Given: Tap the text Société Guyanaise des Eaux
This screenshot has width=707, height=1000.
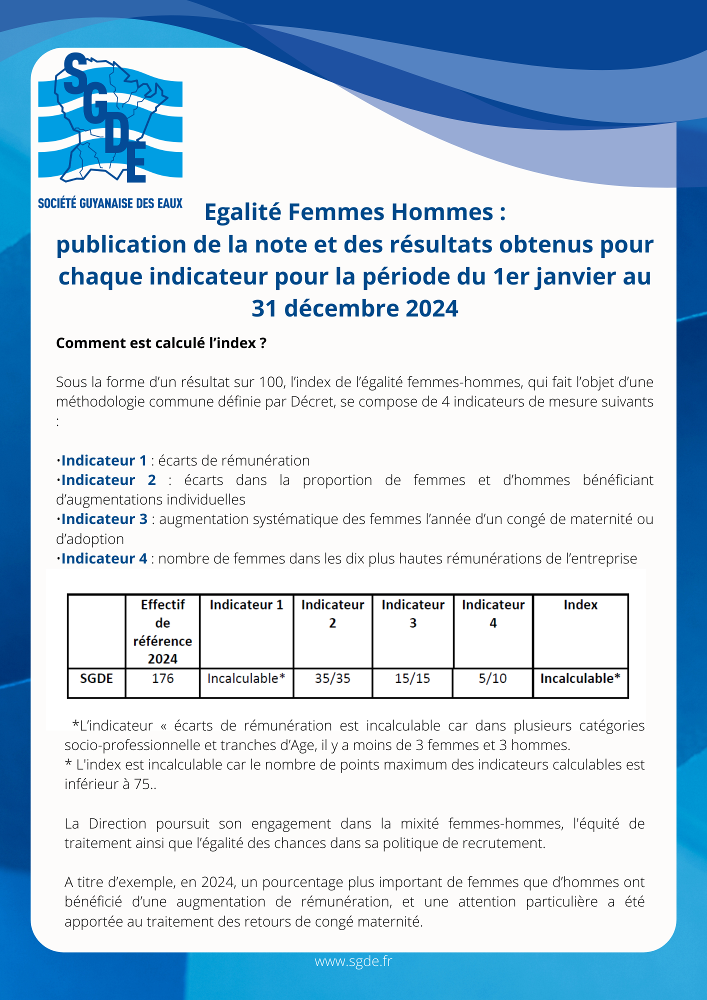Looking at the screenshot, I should coord(110,203).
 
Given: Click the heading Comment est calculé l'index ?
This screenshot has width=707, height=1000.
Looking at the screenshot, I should coord(161,343).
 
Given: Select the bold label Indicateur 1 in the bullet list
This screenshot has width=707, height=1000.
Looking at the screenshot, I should coord(104,460).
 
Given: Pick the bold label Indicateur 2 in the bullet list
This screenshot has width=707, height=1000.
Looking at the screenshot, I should coord(108,480).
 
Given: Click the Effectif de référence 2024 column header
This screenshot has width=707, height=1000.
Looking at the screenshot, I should coord(162,631).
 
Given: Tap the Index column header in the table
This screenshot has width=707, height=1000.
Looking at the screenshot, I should coord(580,605).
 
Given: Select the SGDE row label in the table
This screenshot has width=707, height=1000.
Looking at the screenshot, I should coord(96,678).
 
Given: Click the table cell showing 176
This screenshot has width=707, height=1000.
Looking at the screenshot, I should coord(162,678).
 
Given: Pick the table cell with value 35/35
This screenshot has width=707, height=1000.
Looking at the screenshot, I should coord(332,678).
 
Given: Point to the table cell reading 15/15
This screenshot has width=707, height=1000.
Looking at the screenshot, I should coord(412,678).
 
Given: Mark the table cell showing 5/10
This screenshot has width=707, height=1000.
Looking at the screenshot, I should coord(492,678).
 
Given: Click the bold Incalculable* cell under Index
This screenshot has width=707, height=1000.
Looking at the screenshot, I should coord(580,678).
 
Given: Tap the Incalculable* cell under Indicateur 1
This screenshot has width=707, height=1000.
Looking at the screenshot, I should coord(246,678).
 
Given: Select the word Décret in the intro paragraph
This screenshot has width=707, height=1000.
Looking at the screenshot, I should coord(312,401).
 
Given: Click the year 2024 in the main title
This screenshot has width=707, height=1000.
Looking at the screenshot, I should coord(431,308).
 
